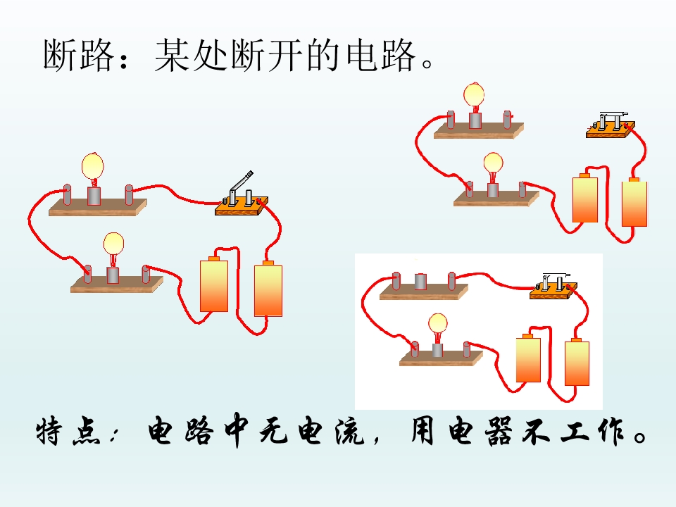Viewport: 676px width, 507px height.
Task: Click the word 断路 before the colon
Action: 78,56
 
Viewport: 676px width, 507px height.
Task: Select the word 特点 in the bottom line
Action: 69,431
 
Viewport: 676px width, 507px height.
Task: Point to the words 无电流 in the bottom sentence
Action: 312,431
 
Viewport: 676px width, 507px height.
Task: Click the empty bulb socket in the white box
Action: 420,282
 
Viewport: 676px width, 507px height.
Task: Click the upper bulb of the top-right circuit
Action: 474,97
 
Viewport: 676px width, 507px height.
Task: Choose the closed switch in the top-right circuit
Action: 611,125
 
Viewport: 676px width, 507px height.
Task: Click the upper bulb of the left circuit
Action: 93,169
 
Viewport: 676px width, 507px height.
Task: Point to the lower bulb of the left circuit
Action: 113,250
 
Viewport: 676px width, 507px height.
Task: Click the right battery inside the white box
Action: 577,362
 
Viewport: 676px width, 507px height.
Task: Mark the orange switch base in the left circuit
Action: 242,206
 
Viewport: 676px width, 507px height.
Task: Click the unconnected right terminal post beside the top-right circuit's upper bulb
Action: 508,120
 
